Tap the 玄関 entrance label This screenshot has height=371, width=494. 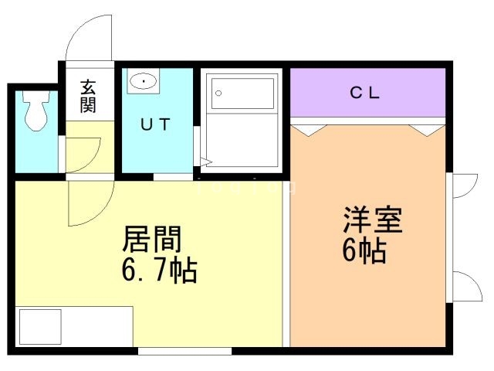[87, 94]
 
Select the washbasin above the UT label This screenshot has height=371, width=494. [143, 80]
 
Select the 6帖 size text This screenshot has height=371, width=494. [365, 252]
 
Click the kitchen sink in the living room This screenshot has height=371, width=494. [39, 326]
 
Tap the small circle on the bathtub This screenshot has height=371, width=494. [218, 94]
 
